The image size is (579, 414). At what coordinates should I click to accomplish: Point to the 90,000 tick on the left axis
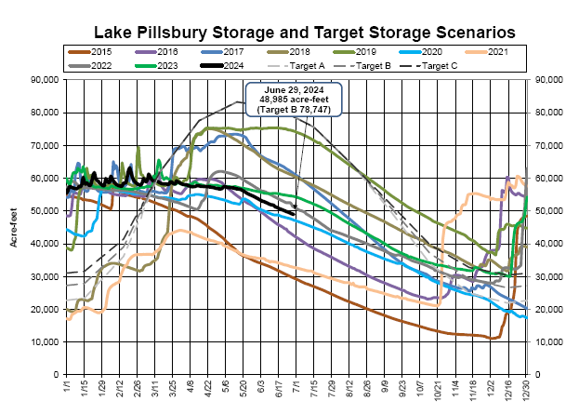tap(45, 80)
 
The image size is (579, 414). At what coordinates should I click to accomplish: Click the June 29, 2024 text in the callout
tap(293, 90)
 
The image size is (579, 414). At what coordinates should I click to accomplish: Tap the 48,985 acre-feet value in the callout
tap(293, 100)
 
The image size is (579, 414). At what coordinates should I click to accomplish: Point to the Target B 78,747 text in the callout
tap(293, 111)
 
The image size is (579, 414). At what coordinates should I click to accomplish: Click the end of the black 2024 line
tap(295, 214)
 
